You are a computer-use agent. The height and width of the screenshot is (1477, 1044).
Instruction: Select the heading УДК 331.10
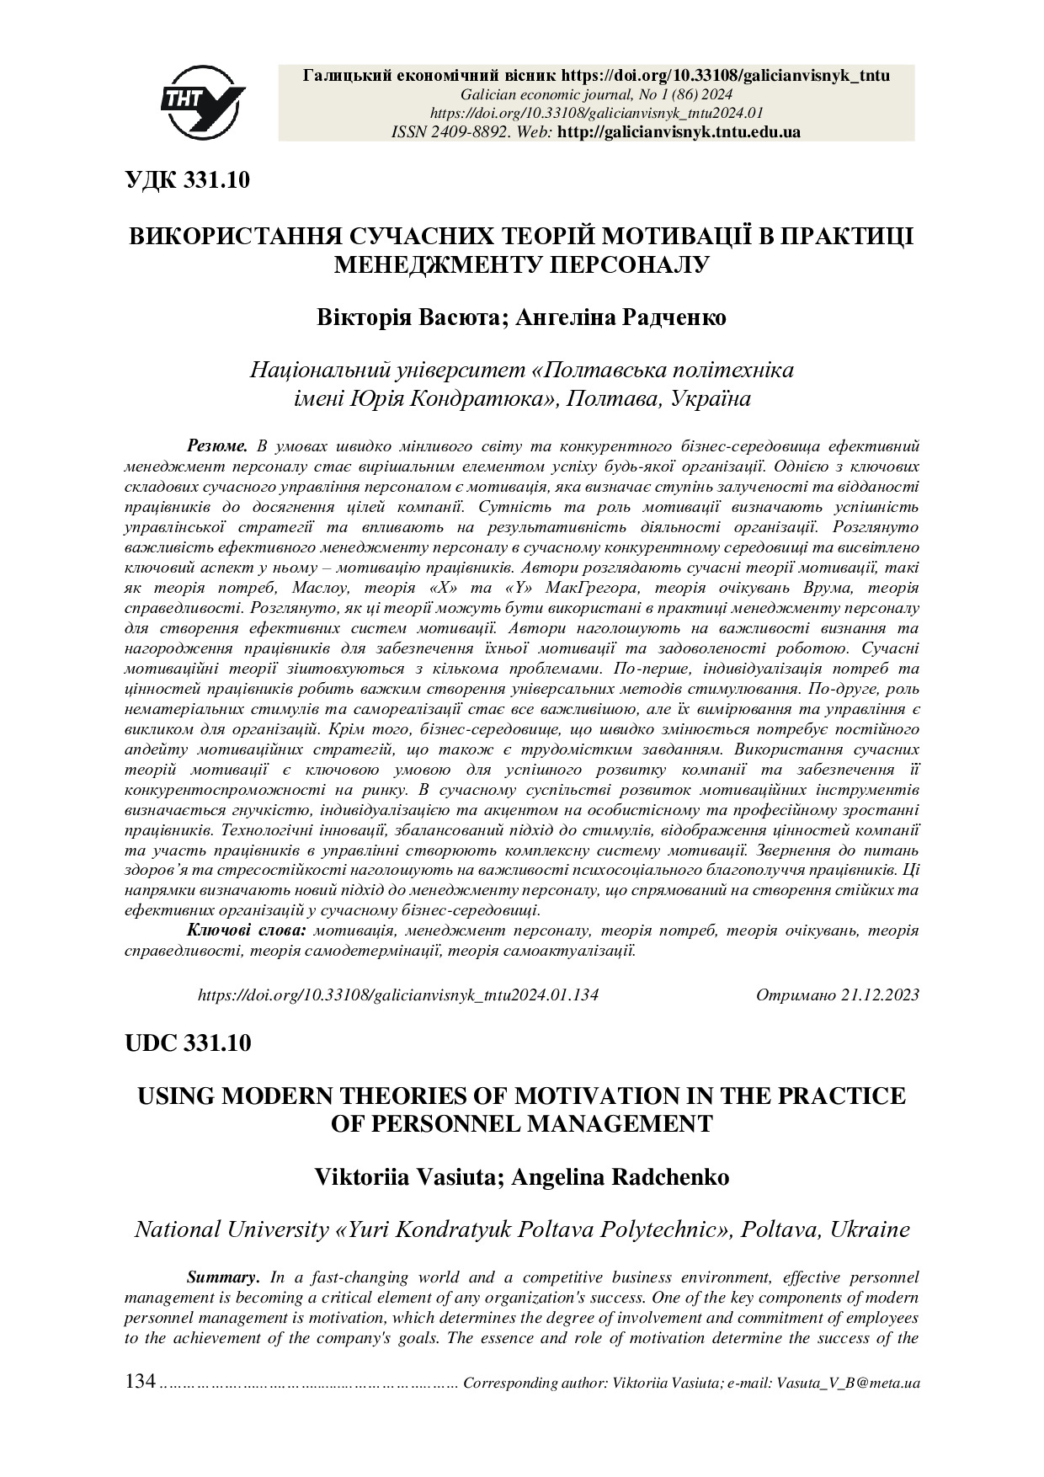187,179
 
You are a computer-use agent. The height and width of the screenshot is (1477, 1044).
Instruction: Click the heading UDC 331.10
187,1042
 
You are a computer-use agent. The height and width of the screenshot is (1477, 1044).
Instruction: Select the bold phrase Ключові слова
246,930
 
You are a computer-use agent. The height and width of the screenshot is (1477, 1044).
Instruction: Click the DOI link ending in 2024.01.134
397,994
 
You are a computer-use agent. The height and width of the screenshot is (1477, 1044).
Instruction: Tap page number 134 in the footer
140,1382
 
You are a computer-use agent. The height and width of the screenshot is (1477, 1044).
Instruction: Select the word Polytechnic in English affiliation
663,1229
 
